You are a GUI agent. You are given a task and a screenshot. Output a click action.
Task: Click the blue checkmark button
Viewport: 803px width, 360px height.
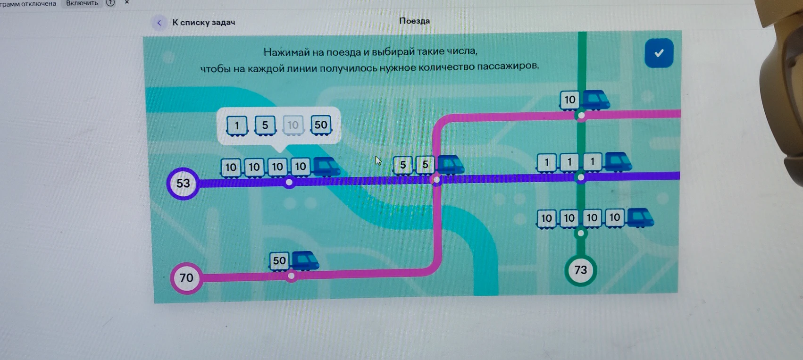(x=659, y=53)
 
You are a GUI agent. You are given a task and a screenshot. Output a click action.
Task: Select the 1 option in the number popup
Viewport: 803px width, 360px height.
(x=236, y=126)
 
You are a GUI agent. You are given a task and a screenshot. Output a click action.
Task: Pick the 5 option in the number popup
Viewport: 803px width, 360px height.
(x=265, y=125)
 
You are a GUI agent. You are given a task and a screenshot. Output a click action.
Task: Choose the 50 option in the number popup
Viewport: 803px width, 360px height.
(x=321, y=125)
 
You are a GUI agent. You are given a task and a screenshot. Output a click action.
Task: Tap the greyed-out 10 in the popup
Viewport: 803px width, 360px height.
(x=293, y=125)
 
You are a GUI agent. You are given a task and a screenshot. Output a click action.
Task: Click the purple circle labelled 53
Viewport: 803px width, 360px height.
(x=183, y=183)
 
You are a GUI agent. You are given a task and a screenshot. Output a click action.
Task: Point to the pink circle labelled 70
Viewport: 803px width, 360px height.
(x=186, y=278)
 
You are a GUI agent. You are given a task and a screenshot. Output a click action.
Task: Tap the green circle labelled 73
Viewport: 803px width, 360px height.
(x=581, y=269)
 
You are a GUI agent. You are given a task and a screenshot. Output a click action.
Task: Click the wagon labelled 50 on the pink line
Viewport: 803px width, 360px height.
(x=279, y=260)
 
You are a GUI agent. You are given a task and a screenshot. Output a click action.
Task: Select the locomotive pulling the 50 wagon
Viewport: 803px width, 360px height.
(x=305, y=260)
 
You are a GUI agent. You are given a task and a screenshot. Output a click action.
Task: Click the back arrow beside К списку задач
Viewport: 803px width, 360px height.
(x=159, y=23)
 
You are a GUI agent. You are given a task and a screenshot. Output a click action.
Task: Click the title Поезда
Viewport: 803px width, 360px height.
(x=414, y=21)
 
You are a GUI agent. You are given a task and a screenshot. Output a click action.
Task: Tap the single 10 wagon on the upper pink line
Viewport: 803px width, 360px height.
(x=569, y=100)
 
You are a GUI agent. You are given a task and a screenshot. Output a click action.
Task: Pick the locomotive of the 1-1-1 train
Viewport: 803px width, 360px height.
(x=618, y=162)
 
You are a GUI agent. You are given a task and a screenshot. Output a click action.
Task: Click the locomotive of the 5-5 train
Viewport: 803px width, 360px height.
(x=451, y=165)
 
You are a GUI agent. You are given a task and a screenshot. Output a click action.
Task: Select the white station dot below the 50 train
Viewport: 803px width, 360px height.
(x=292, y=276)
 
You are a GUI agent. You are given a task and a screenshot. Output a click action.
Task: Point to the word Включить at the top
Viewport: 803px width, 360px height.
(x=82, y=3)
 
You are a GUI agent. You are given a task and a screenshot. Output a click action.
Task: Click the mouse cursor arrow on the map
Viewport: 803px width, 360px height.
(x=378, y=160)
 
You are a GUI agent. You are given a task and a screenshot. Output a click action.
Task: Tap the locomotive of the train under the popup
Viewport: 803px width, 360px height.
(x=326, y=167)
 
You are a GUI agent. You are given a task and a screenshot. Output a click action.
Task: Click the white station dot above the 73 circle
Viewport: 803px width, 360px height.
(x=581, y=234)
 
